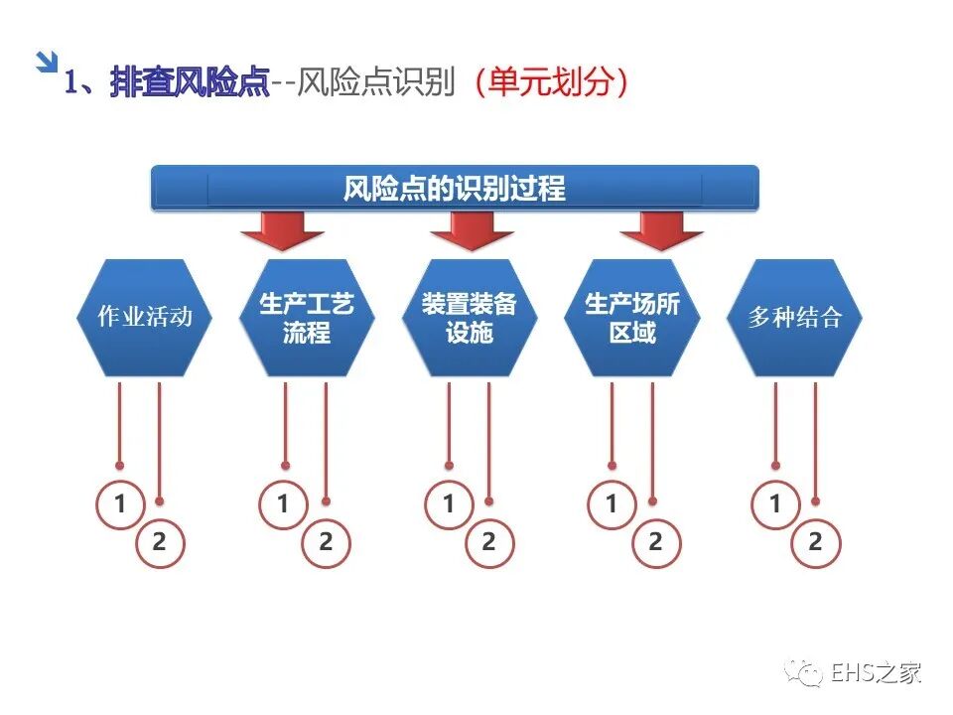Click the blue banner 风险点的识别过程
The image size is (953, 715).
pos(455,188)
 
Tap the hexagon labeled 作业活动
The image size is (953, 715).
pos(144,318)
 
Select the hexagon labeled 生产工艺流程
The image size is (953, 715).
pos(307,318)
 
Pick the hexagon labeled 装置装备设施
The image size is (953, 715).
pos(470,318)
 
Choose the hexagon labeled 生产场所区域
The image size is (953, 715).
pos(632,318)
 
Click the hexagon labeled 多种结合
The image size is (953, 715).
pos(795,318)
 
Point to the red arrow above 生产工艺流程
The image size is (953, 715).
pos(282,230)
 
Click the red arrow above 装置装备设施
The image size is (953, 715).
pos(472,230)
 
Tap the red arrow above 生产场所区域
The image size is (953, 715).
pos(661,230)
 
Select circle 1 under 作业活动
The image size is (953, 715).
pos(120,504)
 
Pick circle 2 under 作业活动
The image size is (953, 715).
pos(160,542)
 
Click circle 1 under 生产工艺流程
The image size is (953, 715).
pos(283,504)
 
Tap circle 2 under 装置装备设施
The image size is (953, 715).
pos(488,542)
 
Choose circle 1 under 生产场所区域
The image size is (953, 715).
pos(611,504)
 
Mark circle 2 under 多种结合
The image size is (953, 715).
pos(815,542)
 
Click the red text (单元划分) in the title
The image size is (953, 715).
pos(550,82)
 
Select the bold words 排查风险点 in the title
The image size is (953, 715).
pos(190,82)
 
